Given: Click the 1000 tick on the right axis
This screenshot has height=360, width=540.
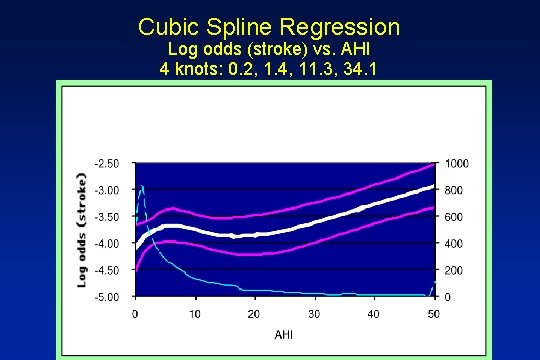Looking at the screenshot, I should (456, 163).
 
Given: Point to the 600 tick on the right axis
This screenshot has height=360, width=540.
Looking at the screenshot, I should (453, 216).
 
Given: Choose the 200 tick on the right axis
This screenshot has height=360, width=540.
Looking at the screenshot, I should (453, 270).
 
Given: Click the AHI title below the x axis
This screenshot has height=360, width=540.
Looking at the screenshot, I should (284, 333).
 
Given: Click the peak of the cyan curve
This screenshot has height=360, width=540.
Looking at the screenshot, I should (142, 186).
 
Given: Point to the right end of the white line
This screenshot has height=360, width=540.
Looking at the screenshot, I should (432, 186).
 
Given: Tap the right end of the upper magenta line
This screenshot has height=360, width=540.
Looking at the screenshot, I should (432, 164).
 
